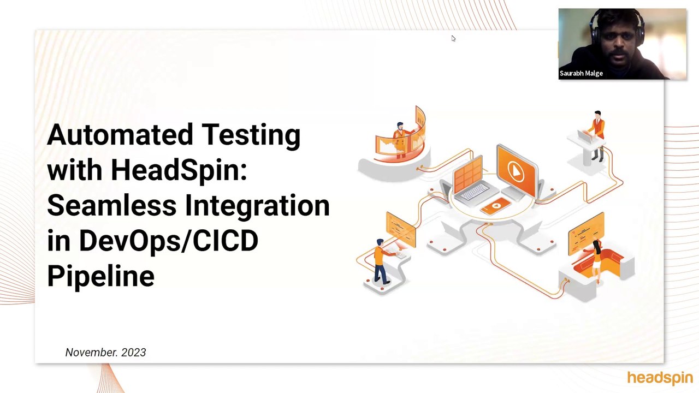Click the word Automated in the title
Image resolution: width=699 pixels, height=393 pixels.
(120, 135)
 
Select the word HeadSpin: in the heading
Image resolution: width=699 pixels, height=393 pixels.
(179, 170)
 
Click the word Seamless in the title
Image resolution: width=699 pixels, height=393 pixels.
(111, 206)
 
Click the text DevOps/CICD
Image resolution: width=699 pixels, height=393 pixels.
(168, 241)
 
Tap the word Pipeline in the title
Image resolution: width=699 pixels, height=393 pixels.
(100, 276)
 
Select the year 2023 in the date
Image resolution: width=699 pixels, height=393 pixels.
(134, 353)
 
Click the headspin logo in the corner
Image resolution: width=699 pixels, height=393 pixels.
(660, 378)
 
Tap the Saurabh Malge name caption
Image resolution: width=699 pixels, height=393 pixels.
(581, 73)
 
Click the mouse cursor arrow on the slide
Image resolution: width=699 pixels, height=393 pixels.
(453, 38)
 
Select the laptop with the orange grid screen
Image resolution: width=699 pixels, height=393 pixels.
(470, 180)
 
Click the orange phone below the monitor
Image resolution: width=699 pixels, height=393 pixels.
(496, 206)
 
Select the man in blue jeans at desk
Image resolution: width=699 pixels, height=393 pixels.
(381, 260)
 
